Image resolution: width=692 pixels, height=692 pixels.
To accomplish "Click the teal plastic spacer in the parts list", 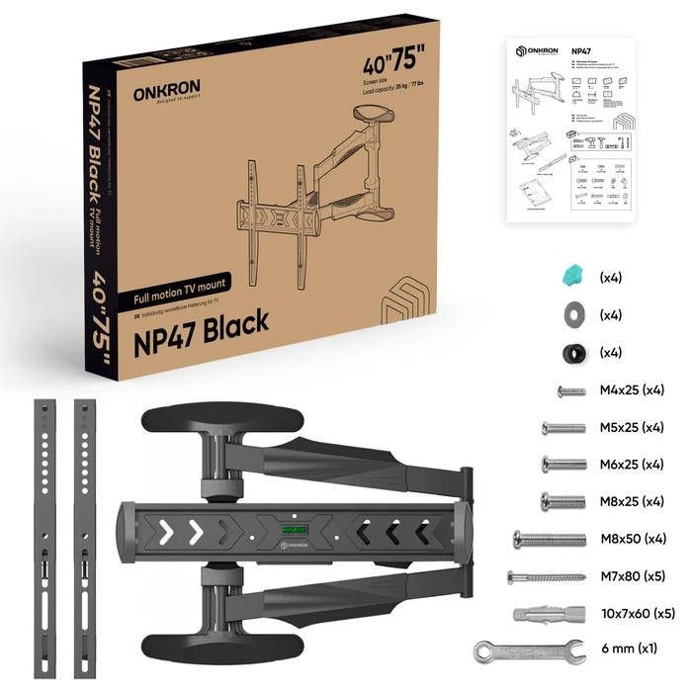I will point(571,277).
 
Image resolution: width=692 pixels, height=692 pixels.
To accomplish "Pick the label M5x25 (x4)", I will point(632,428).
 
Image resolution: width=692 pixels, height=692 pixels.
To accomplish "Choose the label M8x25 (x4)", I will point(632,501).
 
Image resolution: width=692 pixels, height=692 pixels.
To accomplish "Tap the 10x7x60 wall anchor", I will point(546,613).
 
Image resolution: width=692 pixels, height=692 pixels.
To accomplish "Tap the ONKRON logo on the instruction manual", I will point(540,51).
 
